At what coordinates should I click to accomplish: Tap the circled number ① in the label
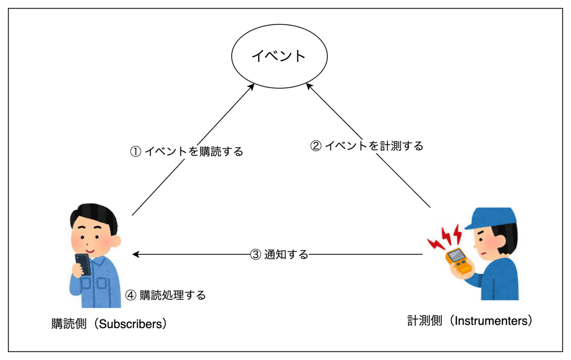[136, 152]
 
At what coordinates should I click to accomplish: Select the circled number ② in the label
[315, 146]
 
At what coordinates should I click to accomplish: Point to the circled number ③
[256, 255]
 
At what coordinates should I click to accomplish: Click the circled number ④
[130, 295]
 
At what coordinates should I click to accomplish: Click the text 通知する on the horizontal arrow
[286, 255]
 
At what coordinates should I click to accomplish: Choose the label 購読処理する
[173, 295]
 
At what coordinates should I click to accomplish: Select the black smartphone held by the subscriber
[82, 263]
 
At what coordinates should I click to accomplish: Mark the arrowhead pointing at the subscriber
[136, 255]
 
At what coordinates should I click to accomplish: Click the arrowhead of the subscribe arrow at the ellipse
[252, 87]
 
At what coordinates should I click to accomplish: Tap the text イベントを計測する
[374, 146]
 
